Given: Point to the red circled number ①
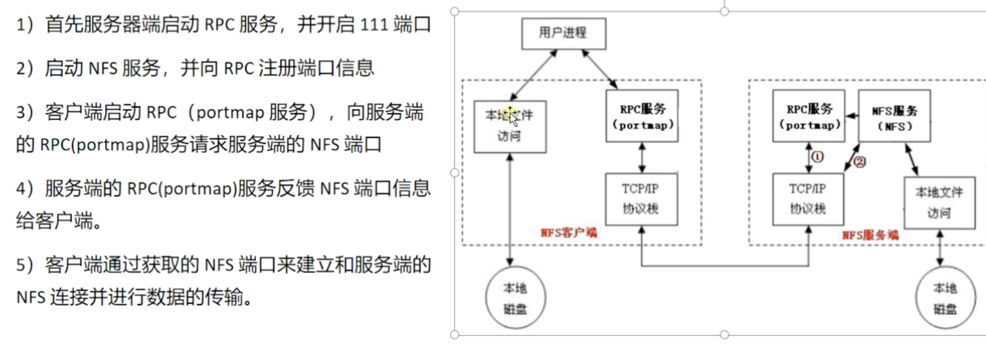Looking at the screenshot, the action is [x=817, y=157].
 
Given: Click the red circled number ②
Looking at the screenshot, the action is [x=860, y=162].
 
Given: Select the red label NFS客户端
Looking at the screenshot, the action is [x=569, y=232].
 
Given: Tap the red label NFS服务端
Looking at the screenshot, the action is [x=870, y=235].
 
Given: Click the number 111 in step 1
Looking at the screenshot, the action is [x=373, y=25].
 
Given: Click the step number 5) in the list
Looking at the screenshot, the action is [x=25, y=265].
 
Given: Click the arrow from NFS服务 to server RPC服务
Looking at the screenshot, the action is [x=852, y=116].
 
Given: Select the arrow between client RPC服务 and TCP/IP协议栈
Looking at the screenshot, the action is [x=642, y=157].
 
